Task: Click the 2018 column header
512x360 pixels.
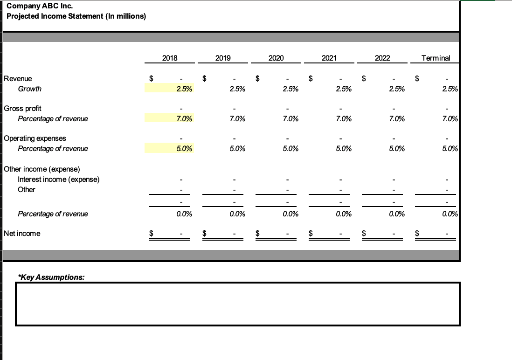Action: pyautogui.click(x=170, y=58)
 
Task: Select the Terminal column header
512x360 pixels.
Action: pyautogui.click(x=436, y=58)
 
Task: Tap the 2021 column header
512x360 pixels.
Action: pyautogui.click(x=329, y=58)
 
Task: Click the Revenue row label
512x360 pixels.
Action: pyautogui.click(x=18, y=79)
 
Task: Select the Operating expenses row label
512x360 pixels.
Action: pyautogui.click(x=35, y=138)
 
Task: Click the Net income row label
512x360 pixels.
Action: pyautogui.click(x=22, y=233)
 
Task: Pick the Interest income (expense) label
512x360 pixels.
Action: pyautogui.click(x=58, y=180)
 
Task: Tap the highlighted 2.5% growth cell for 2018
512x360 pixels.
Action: pyautogui.click(x=169, y=89)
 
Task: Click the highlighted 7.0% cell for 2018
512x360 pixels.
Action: pyautogui.click(x=169, y=119)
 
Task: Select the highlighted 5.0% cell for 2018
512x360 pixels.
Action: pyautogui.click(x=169, y=149)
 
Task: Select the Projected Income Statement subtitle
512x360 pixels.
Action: pyautogui.click(x=76, y=16)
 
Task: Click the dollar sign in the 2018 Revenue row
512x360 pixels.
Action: pyautogui.click(x=151, y=79)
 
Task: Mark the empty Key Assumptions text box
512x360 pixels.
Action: pyautogui.click(x=238, y=304)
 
